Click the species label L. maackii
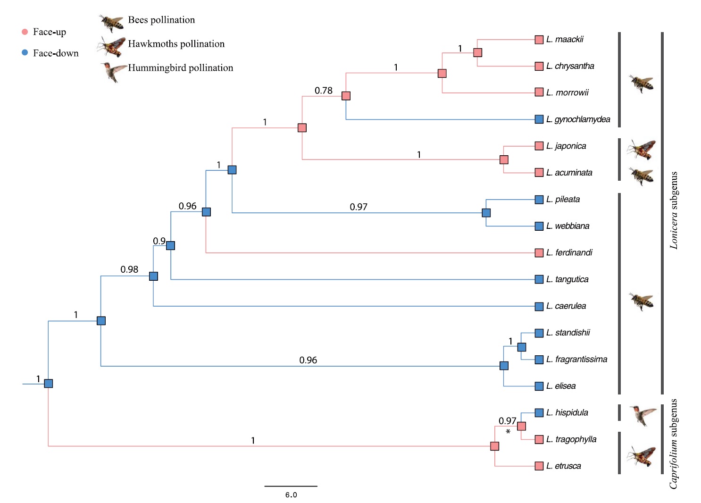[565, 40]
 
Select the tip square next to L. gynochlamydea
[539, 119]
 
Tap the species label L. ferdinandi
[569, 253]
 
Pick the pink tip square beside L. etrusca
[539, 466]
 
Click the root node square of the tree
[48, 384]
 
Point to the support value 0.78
[324, 91]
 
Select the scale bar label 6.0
[291, 495]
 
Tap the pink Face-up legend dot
[25, 32]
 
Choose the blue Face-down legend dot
[25, 53]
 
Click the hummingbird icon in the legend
[113, 71]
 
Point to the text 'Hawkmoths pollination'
[176, 44]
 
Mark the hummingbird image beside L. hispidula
[642, 414]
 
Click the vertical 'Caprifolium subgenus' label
[674, 444]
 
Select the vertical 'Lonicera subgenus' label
[674, 210]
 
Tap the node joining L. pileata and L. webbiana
[486, 213]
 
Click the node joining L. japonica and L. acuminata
[504, 160]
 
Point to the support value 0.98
[129, 269]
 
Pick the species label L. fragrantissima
[576, 360]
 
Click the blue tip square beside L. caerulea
[539, 307]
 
